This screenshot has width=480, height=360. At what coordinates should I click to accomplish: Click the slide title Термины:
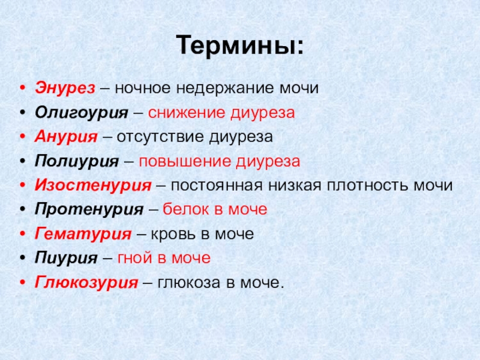click(x=240, y=46)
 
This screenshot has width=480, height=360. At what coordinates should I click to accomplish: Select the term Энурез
click(x=65, y=88)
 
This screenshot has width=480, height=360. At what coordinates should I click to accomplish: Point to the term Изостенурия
click(x=92, y=185)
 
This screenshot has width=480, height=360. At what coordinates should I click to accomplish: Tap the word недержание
click(x=217, y=89)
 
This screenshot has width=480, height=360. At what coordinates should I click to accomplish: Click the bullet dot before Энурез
click(x=22, y=89)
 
